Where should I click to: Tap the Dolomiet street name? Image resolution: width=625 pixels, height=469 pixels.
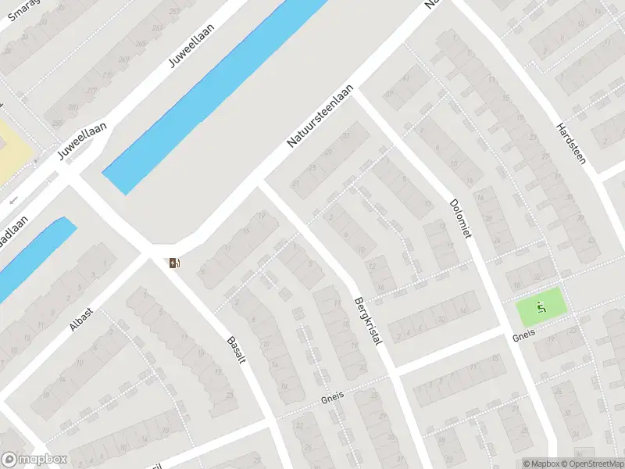(x=462, y=218)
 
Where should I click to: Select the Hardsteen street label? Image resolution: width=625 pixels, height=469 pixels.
(x=570, y=148)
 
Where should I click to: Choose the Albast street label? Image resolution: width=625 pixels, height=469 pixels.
(x=81, y=319)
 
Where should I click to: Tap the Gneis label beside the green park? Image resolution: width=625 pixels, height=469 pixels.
(x=523, y=334)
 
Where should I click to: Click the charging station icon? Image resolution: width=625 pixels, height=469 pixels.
(x=173, y=263)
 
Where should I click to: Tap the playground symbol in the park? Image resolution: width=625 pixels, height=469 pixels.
(x=541, y=309)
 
